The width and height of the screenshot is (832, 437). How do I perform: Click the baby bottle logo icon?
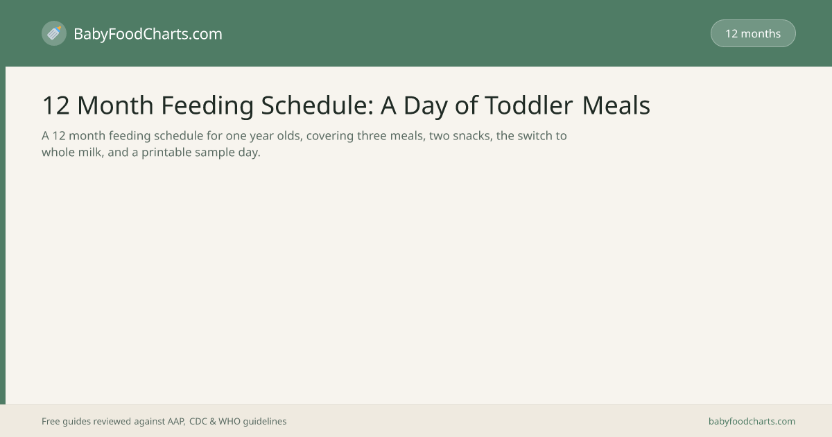[x=54, y=33]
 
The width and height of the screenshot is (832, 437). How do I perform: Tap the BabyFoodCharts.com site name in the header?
[x=148, y=34]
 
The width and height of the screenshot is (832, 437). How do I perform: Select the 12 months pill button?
[x=753, y=33]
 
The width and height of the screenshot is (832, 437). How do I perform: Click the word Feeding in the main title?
[x=207, y=105]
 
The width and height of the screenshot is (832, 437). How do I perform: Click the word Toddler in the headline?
[x=528, y=105]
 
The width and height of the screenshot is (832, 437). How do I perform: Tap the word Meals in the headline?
[x=616, y=105]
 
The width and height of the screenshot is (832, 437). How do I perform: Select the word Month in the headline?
[x=115, y=105]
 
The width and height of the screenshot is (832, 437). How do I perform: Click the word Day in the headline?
[x=425, y=106]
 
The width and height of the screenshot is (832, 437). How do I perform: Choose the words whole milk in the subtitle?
[x=71, y=152]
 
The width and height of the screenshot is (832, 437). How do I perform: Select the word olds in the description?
[x=290, y=136]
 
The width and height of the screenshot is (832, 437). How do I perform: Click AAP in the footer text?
[x=176, y=422]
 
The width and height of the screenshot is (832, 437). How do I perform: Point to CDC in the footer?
[x=198, y=422]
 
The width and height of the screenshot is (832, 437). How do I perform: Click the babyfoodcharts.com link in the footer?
[x=752, y=422]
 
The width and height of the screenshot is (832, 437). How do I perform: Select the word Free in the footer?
[x=51, y=422]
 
